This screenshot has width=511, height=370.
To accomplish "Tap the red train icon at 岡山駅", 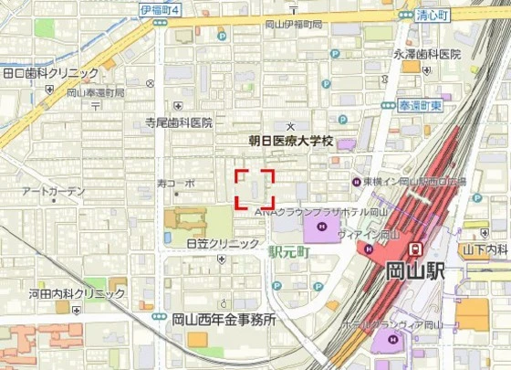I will point(415,248).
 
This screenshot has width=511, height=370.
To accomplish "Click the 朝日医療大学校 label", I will point(292,143).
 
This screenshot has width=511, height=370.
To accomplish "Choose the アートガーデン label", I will point(53,191).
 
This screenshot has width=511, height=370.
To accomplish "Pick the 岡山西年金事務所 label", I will point(224,320).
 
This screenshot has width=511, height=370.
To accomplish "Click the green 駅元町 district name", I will point(290,248).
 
